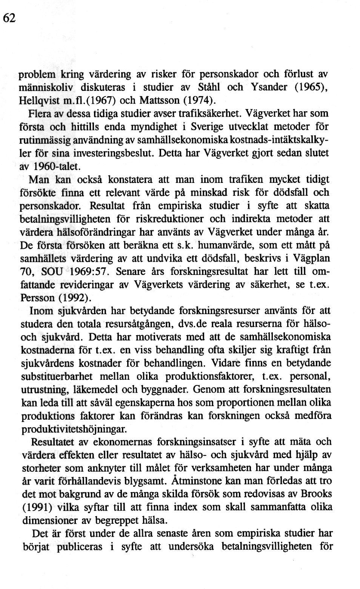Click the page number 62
pyautogui.click(x=9, y=18)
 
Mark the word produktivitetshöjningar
pyautogui.click(x=74, y=429)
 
